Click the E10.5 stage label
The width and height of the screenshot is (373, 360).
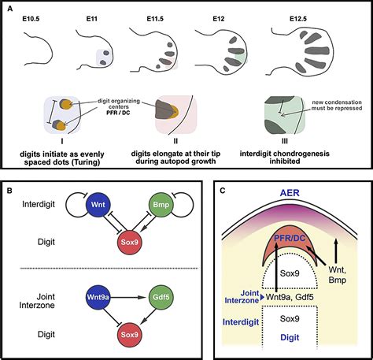pos(31,19)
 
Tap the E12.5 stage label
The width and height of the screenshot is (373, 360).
pos(298,19)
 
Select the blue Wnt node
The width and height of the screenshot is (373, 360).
pos(98,205)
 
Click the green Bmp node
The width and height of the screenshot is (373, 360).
pos(161,205)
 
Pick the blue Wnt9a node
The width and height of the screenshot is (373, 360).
pos(98,297)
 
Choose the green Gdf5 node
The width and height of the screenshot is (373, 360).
pos(161,297)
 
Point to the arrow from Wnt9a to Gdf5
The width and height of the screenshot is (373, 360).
pos(128,297)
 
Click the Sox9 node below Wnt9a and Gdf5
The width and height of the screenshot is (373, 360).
pos(130,335)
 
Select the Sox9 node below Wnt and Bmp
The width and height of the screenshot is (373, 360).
pos(130,242)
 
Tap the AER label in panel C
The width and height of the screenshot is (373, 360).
pos(290,193)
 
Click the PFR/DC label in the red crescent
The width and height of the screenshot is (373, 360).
pos(290,239)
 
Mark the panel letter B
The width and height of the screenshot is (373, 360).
pos(9,191)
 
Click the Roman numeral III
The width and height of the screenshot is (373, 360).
pos(285,141)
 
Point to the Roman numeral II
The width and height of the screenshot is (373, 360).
pos(175,141)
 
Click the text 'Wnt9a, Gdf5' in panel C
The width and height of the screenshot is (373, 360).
pos(290,297)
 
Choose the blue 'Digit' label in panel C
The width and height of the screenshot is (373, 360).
pos(290,337)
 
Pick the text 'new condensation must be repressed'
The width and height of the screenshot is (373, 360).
pos(337,105)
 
